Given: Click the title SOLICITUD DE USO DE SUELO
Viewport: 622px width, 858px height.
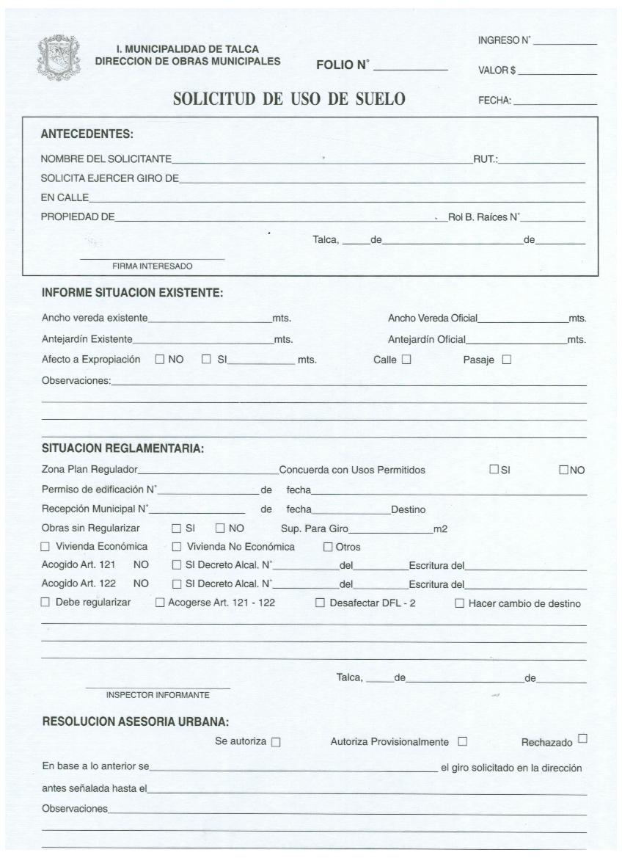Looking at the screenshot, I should click(x=289, y=98).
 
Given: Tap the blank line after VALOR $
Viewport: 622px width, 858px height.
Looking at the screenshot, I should click(x=557, y=74).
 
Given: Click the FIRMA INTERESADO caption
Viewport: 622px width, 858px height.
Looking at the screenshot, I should click(x=152, y=266).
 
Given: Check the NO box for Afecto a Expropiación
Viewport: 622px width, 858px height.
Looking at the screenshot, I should click(x=160, y=360).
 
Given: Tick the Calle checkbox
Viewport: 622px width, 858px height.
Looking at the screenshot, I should click(x=406, y=360).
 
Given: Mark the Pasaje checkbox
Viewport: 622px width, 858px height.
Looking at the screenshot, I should click(x=506, y=360).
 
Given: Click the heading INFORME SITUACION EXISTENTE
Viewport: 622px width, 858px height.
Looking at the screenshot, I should click(x=132, y=293).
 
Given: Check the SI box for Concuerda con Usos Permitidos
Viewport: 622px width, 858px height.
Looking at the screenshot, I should click(x=494, y=470).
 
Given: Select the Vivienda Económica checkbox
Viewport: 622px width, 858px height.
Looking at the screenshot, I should click(x=45, y=547).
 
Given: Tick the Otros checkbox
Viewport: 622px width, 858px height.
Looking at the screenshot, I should click(x=328, y=547).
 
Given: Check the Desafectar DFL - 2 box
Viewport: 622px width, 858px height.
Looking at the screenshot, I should click(x=320, y=603).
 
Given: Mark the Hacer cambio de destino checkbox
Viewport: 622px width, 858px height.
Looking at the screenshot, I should click(x=460, y=603).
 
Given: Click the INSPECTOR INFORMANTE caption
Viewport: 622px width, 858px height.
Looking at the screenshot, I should click(x=158, y=695).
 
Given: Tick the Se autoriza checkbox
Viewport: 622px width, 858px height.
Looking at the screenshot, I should click(x=276, y=742).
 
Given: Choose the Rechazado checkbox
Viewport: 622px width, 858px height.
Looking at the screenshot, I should click(x=582, y=738).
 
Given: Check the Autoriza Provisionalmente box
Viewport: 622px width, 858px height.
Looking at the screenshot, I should click(x=462, y=741).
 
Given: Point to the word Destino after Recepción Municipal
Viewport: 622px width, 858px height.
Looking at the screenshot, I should click(x=408, y=509).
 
